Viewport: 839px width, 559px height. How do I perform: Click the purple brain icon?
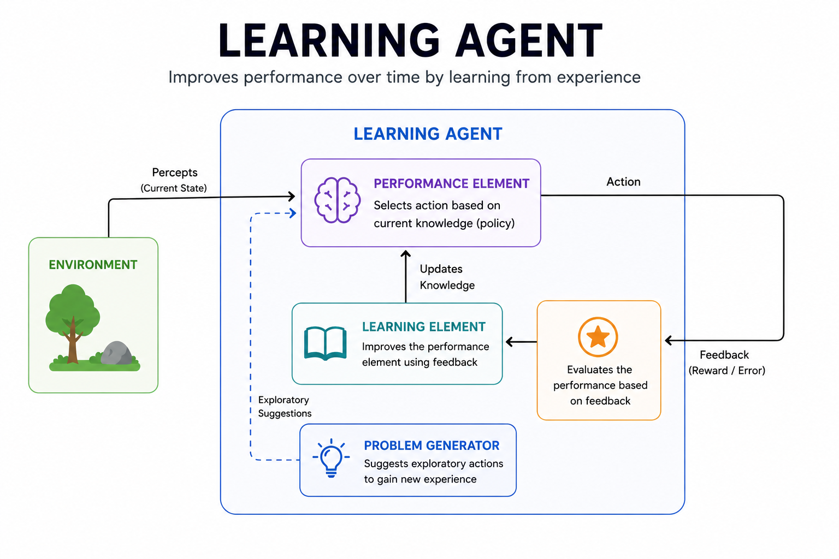point(338,200)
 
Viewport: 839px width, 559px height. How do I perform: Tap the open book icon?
point(325,343)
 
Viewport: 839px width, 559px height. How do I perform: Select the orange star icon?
point(598,337)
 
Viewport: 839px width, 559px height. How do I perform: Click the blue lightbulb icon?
point(331,458)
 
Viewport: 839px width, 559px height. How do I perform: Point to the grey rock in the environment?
point(116,353)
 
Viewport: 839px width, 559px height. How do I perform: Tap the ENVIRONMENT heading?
point(93,265)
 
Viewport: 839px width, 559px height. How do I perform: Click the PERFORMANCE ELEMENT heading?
point(451,183)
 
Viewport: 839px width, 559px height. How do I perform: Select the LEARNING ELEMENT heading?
point(423,326)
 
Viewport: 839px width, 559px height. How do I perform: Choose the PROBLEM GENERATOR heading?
point(432,445)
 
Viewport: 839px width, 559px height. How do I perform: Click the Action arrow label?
point(623,182)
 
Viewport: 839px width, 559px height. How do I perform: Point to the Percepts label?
point(174,173)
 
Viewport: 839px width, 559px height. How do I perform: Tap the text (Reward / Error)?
point(726,371)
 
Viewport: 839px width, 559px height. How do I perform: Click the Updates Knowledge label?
point(446,277)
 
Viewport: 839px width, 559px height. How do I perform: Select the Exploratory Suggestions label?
point(285,407)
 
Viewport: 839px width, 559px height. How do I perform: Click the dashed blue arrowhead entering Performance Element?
point(293,213)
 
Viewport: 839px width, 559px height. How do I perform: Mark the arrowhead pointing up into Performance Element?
point(405,254)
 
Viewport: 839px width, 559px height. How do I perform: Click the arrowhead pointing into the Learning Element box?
point(510,342)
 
